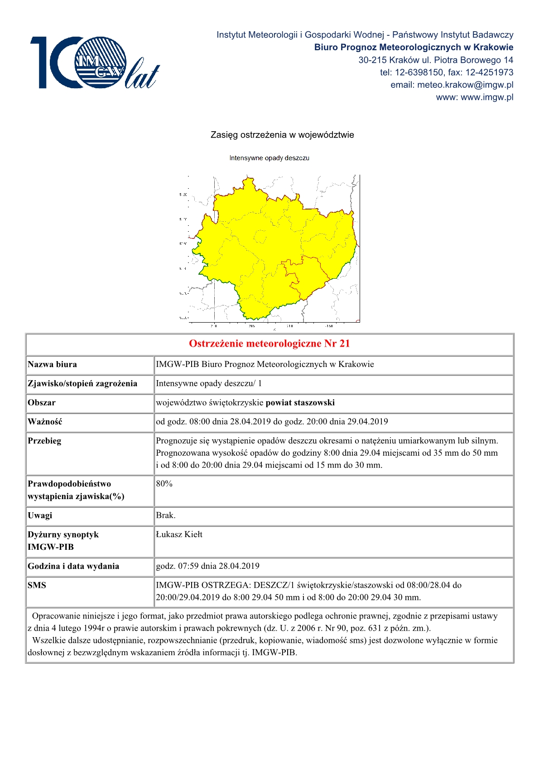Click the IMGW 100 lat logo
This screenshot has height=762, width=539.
[94, 62]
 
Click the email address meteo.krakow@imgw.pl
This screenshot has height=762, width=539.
[452, 85]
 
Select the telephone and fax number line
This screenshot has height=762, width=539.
[446, 72]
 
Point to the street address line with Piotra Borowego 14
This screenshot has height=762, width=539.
[436, 60]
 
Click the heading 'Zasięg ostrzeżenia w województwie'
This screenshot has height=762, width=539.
[282, 135]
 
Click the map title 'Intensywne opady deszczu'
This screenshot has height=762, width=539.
[269, 158]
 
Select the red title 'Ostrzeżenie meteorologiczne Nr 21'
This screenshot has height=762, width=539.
[269, 343]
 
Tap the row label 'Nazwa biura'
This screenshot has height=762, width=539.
[53, 364]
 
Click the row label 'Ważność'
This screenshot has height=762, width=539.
[45, 421]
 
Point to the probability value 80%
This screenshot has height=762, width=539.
[164, 483]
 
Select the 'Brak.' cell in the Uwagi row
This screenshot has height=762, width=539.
[166, 515]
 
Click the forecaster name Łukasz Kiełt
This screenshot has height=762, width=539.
[179, 534]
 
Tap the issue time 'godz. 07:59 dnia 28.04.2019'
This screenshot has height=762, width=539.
[207, 566]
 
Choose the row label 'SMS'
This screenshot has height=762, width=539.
[37, 585]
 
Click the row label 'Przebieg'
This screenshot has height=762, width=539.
[44, 440]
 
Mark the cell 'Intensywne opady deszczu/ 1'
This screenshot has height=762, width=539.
[209, 383]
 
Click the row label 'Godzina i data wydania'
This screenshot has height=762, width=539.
[73, 566]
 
